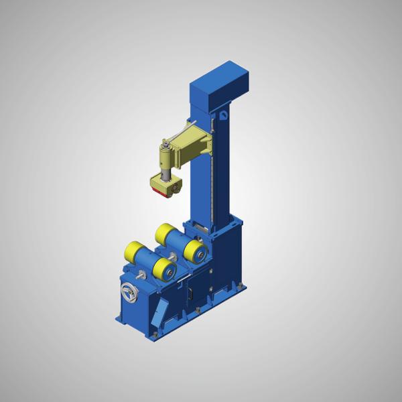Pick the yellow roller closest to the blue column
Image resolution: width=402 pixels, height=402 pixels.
[196, 253]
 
